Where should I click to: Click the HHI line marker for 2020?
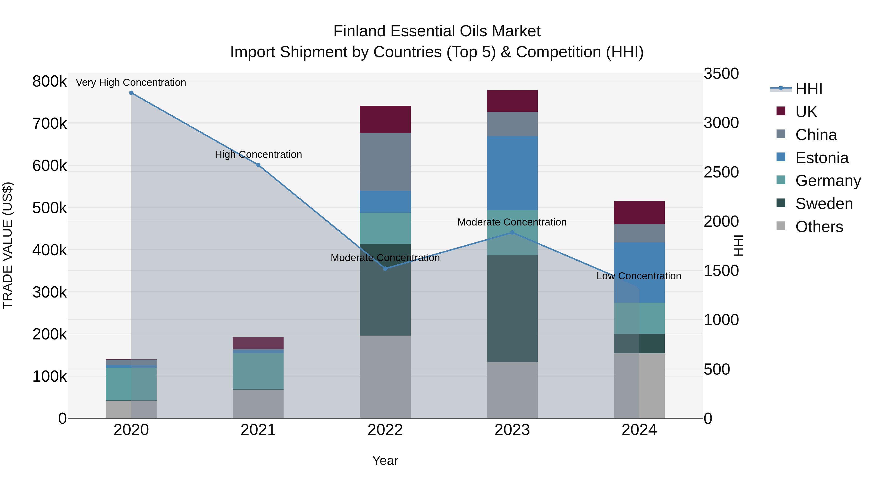131,93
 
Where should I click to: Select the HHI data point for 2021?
258,165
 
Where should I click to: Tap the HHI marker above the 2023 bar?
512,233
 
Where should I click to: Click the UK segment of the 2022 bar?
385,119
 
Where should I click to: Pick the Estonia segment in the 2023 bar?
512,173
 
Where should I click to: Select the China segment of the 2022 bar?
385,162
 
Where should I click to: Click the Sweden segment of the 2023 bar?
512,308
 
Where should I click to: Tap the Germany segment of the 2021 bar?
258,371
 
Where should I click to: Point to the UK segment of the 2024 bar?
639,212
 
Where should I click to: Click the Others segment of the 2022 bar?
385,377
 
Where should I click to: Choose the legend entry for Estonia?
821,158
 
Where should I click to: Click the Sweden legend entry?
824,204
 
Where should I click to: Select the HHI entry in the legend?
808,89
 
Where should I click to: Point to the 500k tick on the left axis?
50,208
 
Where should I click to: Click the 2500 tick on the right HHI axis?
721,172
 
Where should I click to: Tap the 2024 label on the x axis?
639,430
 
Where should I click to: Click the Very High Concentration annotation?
131,82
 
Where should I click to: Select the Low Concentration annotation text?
639,276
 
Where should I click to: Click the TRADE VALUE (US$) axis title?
8,245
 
